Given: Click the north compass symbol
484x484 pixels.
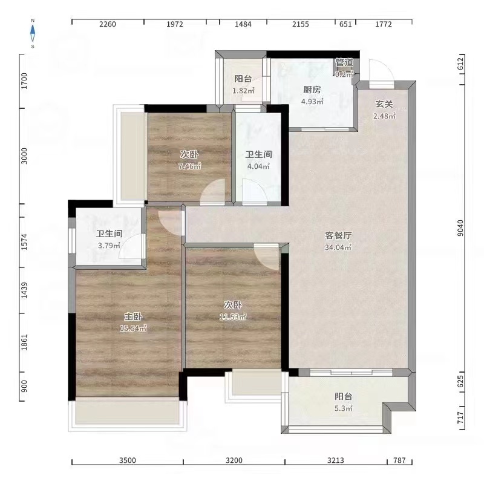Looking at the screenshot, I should pyautogui.click(x=33, y=33).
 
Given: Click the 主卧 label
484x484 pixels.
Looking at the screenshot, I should pyautogui.click(x=133, y=317).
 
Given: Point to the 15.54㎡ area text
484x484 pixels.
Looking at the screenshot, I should pyautogui.click(x=133, y=328).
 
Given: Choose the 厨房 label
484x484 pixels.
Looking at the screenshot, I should pyautogui.click(x=312, y=90).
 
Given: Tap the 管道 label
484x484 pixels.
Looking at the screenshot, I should pyautogui.click(x=344, y=63).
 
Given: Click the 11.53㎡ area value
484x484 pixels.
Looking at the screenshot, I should pyautogui.click(x=233, y=316).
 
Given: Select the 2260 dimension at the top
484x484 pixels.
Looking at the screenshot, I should pyautogui.click(x=107, y=25).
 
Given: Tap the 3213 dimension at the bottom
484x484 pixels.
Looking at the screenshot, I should pyautogui.click(x=336, y=461).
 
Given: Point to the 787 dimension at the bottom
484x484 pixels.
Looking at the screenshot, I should pyautogui.click(x=399, y=461).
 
